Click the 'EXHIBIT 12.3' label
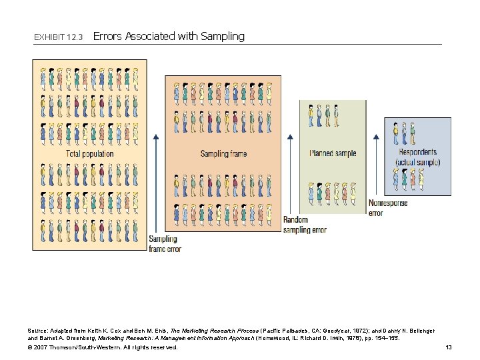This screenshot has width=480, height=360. (58, 37)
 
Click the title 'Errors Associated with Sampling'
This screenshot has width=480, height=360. (169, 37)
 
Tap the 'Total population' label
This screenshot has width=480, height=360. (89, 154)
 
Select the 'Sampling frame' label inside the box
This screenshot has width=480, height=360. (223, 154)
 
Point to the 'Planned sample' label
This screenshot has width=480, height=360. (333, 153)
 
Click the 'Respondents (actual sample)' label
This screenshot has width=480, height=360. (417, 157)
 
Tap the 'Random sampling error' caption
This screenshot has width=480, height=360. (305, 225)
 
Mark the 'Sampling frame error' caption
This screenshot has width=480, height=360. (165, 244)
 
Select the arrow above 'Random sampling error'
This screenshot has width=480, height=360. (289, 173)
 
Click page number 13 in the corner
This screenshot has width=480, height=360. (448, 347)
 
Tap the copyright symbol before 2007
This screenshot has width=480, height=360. (30, 347)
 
